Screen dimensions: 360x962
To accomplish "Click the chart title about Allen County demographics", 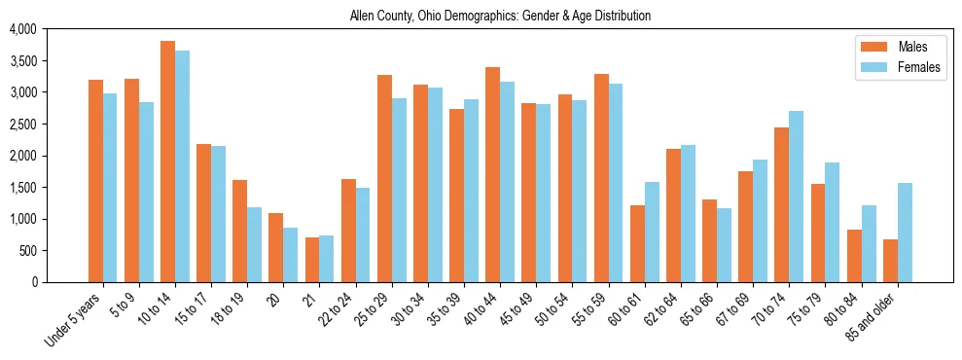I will tap(500, 17).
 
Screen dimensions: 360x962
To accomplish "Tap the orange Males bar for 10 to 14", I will tap(167, 162).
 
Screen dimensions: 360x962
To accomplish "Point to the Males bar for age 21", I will tap(312, 260).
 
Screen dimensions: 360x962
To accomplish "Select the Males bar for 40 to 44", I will tap(493, 175).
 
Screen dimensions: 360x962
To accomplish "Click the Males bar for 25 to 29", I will tap(384, 179).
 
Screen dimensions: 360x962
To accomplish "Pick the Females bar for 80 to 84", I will tap(870, 243).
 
